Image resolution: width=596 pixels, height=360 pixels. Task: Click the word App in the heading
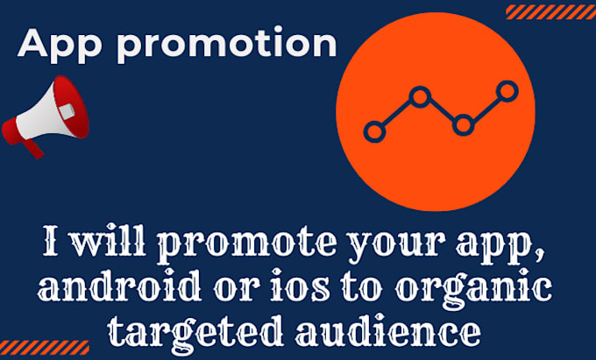pos(62,44)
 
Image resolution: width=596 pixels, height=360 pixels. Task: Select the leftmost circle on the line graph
pos(374,132)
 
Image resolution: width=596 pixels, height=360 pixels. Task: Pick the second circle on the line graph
pos(420,96)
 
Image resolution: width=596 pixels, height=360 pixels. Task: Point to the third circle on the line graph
pos(462,124)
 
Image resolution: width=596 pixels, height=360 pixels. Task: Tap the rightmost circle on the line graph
pos(506,89)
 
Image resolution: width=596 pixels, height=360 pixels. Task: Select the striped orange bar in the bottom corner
pos(45,347)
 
